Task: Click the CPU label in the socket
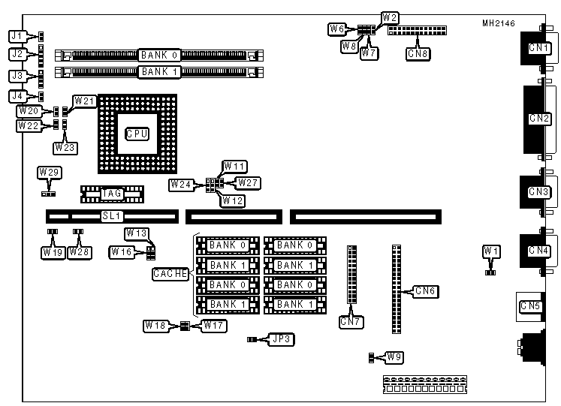click(x=137, y=134)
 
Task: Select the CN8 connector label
click(x=418, y=53)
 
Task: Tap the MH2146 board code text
click(x=499, y=23)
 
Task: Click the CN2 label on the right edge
click(x=539, y=119)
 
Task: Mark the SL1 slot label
click(x=111, y=215)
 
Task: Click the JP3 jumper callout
click(x=283, y=339)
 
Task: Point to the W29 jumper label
click(x=49, y=173)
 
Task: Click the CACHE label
click(x=170, y=274)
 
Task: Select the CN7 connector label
click(x=350, y=323)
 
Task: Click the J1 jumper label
click(x=17, y=35)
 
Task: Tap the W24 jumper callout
click(x=182, y=184)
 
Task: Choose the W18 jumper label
click(x=155, y=326)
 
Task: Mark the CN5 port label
click(x=530, y=305)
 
